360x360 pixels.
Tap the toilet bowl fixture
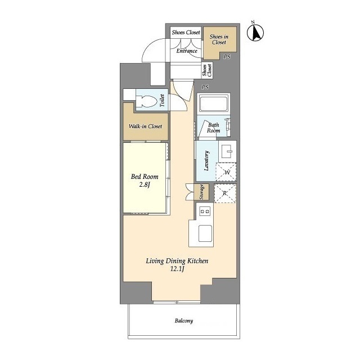tap(146, 101)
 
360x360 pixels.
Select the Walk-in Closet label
tap(145, 126)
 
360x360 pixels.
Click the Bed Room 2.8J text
tap(145, 181)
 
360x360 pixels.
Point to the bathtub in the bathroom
tap(214, 103)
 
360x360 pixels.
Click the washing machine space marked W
tap(226, 172)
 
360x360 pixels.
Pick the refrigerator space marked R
tap(225, 193)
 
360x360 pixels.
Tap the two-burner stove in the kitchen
tap(205, 211)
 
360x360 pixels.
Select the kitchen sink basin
tap(205, 233)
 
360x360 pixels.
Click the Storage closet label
tap(201, 192)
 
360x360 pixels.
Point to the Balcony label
tap(184, 321)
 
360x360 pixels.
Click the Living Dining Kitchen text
tap(177, 261)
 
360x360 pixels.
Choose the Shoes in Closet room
tap(220, 43)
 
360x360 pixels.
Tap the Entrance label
tap(187, 51)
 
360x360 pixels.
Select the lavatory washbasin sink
tap(227, 151)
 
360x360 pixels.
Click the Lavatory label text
tap(206, 161)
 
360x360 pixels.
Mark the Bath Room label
tap(214, 128)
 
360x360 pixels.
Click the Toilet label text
tap(162, 100)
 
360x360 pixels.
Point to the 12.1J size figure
tap(177, 269)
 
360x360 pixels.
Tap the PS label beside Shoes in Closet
tap(227, 56)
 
